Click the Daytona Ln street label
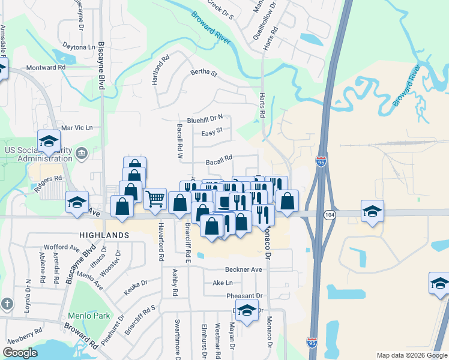(79, 47)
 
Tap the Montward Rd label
(46, 68)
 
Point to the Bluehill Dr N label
(205, 118)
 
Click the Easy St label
(212, 131)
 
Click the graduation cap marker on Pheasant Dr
(246, 311)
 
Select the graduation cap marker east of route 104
(372, 211)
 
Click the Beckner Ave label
(244, 270)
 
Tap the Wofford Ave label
(62, 247)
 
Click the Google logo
(20, 353)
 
